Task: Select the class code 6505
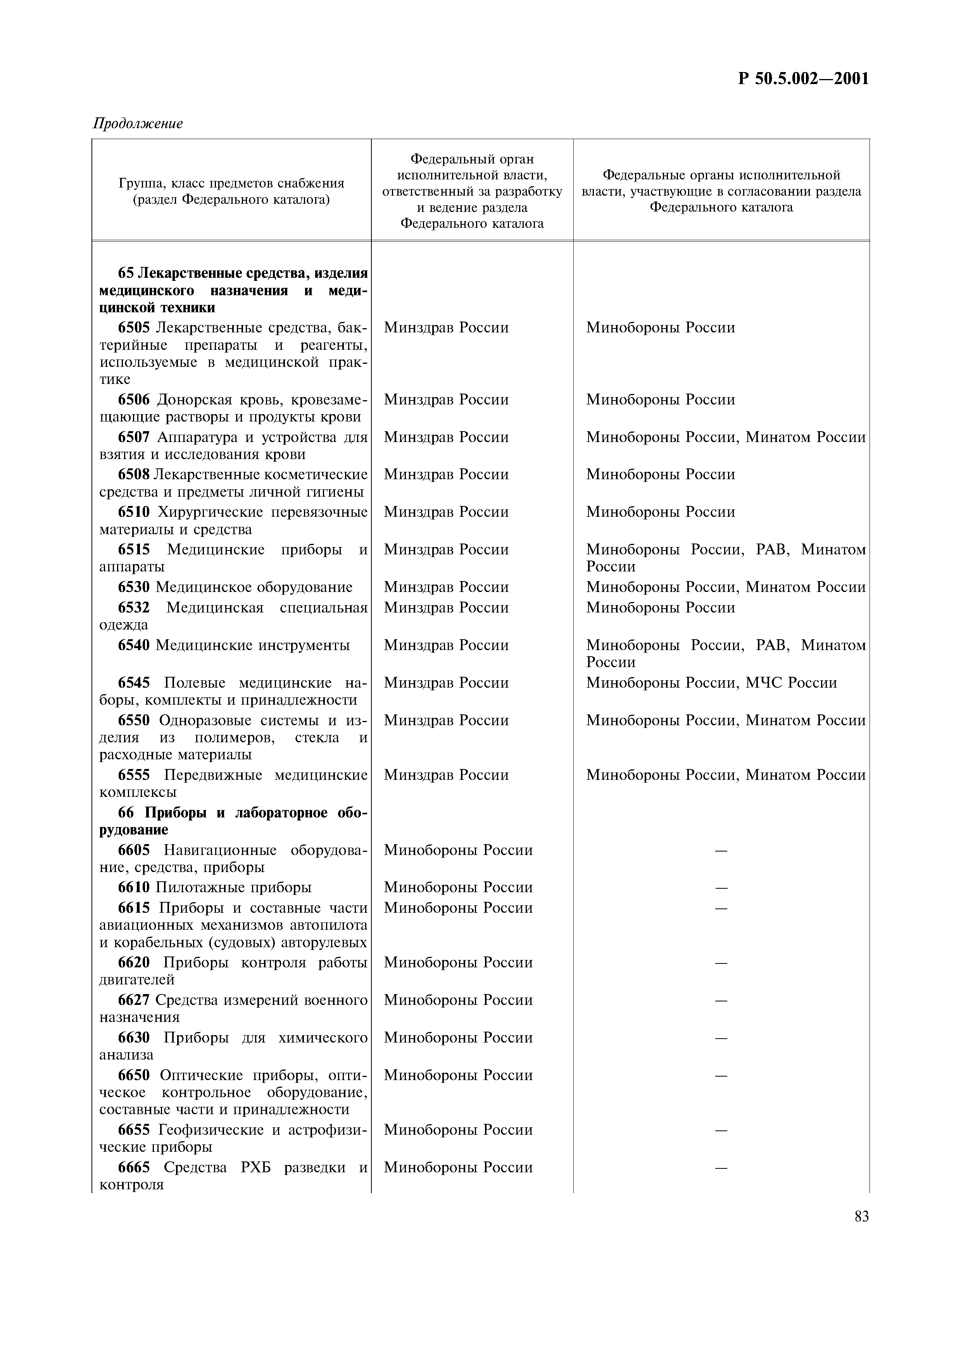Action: (134, 327)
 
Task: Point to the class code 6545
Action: (134, 683)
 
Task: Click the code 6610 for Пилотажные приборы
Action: (134, 887)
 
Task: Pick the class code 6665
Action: (134, 1167)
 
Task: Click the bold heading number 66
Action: (126, 813)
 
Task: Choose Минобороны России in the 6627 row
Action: (458, 1000)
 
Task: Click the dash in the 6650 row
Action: (721, 1075)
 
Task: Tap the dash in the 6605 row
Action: (721, 851)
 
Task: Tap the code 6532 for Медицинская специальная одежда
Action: (134, 607)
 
